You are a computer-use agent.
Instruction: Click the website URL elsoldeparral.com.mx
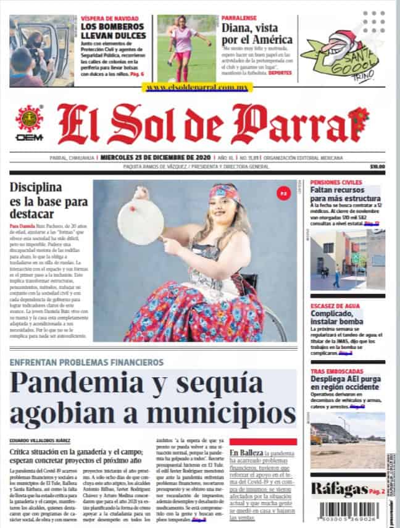197,88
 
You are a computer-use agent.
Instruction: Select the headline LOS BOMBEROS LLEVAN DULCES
113,30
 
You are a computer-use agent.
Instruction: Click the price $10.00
377,166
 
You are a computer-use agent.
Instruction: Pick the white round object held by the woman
140,220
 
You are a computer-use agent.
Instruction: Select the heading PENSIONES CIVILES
336,183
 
